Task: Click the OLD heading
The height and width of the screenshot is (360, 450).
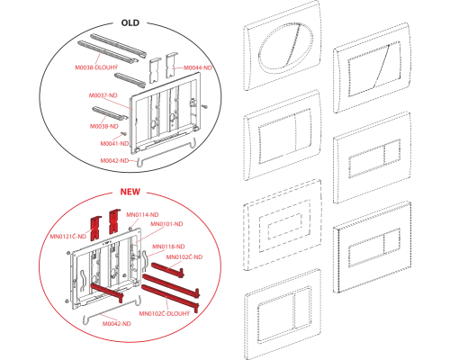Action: [x=130, y=23]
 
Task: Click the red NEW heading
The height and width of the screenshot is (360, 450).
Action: [x=130, y=192]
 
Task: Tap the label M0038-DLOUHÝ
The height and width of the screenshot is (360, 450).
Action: [x=96, y=67]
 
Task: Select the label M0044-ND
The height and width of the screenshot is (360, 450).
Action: [x=198, y=67]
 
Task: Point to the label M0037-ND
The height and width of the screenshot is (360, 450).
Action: [x=103, y=95]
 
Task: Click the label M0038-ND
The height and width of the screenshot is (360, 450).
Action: [x=104, y=126]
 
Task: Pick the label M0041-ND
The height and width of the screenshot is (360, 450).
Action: [x=114, y=144]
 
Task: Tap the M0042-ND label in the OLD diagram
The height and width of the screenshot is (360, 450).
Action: [x=114, y=161]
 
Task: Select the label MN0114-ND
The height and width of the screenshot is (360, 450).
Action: [x=142, y=215]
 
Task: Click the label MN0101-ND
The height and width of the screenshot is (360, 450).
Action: [x=166, y=224]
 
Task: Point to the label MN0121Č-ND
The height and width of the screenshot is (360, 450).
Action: [x=68, y=237]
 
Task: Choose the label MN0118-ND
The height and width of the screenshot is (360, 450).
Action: [x=168, y=247]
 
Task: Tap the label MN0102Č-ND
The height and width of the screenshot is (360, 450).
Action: [x=184, y=257]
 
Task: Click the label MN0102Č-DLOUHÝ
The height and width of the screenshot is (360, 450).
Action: [x=165, y=313]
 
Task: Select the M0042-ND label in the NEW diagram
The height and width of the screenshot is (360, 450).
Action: [x=117, y=324]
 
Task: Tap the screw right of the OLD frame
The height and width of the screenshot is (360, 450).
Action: [x=205, y=105]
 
